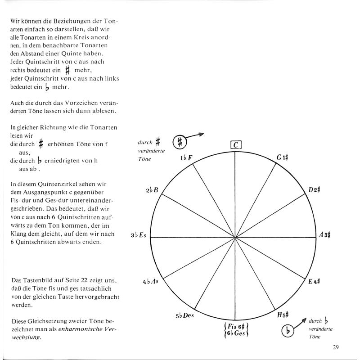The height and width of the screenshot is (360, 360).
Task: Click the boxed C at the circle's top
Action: pos(236,145)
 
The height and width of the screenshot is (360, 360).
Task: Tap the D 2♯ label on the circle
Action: pos(314,189)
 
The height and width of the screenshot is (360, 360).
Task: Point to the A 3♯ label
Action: pos(325,235)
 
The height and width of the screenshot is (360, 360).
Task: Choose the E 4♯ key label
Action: pos(314,282)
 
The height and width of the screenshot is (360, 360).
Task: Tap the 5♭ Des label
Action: pos(184,315)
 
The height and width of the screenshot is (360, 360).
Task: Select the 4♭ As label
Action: pos(151,282)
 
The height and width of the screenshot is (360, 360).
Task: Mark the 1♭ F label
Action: pos(187,157)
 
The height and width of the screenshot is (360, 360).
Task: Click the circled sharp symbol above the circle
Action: pos(180,141)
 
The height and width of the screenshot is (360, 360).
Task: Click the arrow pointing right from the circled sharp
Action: pos(197,135)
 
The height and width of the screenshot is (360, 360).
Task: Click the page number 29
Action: pos(336,346)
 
